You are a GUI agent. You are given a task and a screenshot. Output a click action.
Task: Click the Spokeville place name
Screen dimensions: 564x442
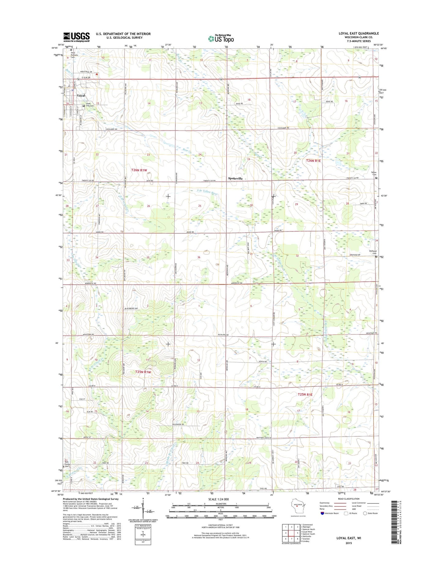pos(235,178)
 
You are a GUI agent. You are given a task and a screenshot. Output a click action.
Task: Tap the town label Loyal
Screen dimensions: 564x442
pos(81,96)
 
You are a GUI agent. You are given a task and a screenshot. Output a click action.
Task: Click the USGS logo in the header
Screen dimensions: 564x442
pos(76,37)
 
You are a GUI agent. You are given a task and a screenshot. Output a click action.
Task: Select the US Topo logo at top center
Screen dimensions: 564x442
pos(221,38)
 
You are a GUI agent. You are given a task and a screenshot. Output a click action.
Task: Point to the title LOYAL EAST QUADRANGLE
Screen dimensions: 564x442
pos(358,33)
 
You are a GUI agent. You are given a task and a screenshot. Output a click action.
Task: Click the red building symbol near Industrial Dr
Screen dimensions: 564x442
pos(97,74)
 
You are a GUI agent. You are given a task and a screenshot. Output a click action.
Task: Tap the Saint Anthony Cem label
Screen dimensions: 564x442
pos(74,55)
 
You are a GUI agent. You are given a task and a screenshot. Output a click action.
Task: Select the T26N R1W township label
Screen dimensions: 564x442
pos(139,170)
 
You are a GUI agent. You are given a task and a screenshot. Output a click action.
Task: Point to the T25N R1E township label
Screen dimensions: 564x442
pos(305,395)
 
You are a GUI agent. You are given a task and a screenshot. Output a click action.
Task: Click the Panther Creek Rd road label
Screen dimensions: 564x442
pos(263,438)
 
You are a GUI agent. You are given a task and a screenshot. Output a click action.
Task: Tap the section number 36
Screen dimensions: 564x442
pos(199,257)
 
